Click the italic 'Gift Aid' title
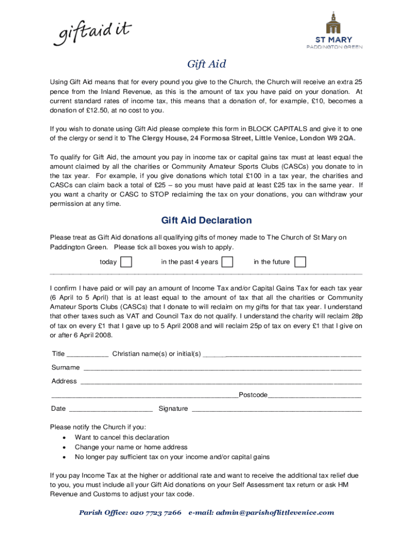[206, 64]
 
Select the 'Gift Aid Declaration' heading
[206, 220]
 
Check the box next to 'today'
[126, 262]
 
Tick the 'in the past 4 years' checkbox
[227, 262]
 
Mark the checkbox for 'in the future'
[301, 262]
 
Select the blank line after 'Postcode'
[314, 396]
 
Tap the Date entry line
[111, 410]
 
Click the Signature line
[277, 410]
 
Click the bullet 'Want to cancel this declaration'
[122, 437]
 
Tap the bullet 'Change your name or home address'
[131, 447]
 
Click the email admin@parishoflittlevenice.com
[275, 513]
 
